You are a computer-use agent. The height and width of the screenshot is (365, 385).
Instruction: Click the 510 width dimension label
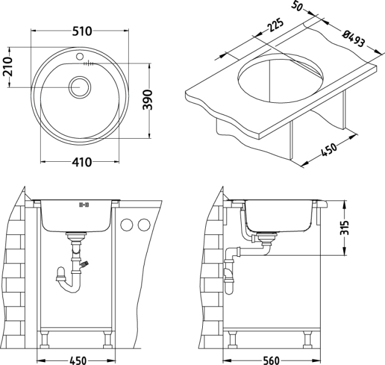[82, 31]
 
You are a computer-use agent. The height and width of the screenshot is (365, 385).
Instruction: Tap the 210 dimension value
[7, 66]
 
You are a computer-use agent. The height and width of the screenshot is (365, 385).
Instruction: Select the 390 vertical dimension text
[148, 100]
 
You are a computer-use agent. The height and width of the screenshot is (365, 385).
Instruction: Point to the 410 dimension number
[82, 162]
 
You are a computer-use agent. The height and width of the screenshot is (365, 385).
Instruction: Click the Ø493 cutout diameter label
[354, 38]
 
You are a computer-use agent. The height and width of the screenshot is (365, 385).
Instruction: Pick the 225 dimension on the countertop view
[275, 25]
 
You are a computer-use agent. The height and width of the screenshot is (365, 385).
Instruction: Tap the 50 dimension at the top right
[297, 6]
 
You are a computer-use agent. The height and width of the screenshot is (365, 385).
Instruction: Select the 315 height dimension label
[344, 228]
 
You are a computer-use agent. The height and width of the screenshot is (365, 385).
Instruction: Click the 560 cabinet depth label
[271, 360]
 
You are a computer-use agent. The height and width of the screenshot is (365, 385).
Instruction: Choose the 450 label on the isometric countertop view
[329, 149]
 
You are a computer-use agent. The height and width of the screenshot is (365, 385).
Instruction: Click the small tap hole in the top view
[80, 57]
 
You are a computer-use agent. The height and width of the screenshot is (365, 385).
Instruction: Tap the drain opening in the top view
[80, 87]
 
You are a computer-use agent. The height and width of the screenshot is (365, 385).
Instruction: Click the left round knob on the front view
[127, 225]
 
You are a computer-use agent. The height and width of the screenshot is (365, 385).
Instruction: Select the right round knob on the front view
[144, 225]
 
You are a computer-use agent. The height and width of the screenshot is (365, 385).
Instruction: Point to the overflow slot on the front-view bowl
[84, 204]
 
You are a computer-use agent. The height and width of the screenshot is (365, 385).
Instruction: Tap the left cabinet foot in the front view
[44, 339]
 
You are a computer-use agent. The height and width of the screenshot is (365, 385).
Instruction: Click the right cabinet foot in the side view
[307, 339]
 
